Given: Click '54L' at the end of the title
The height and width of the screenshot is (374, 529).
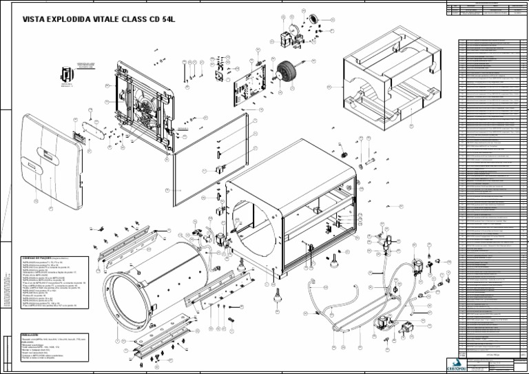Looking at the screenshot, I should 168,19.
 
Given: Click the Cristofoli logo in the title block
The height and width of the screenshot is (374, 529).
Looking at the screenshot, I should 456,364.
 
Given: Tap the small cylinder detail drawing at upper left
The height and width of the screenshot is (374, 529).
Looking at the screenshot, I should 67,74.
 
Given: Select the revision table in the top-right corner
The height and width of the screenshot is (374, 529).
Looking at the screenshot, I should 486,9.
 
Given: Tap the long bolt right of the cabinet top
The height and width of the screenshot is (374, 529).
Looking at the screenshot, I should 370,161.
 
